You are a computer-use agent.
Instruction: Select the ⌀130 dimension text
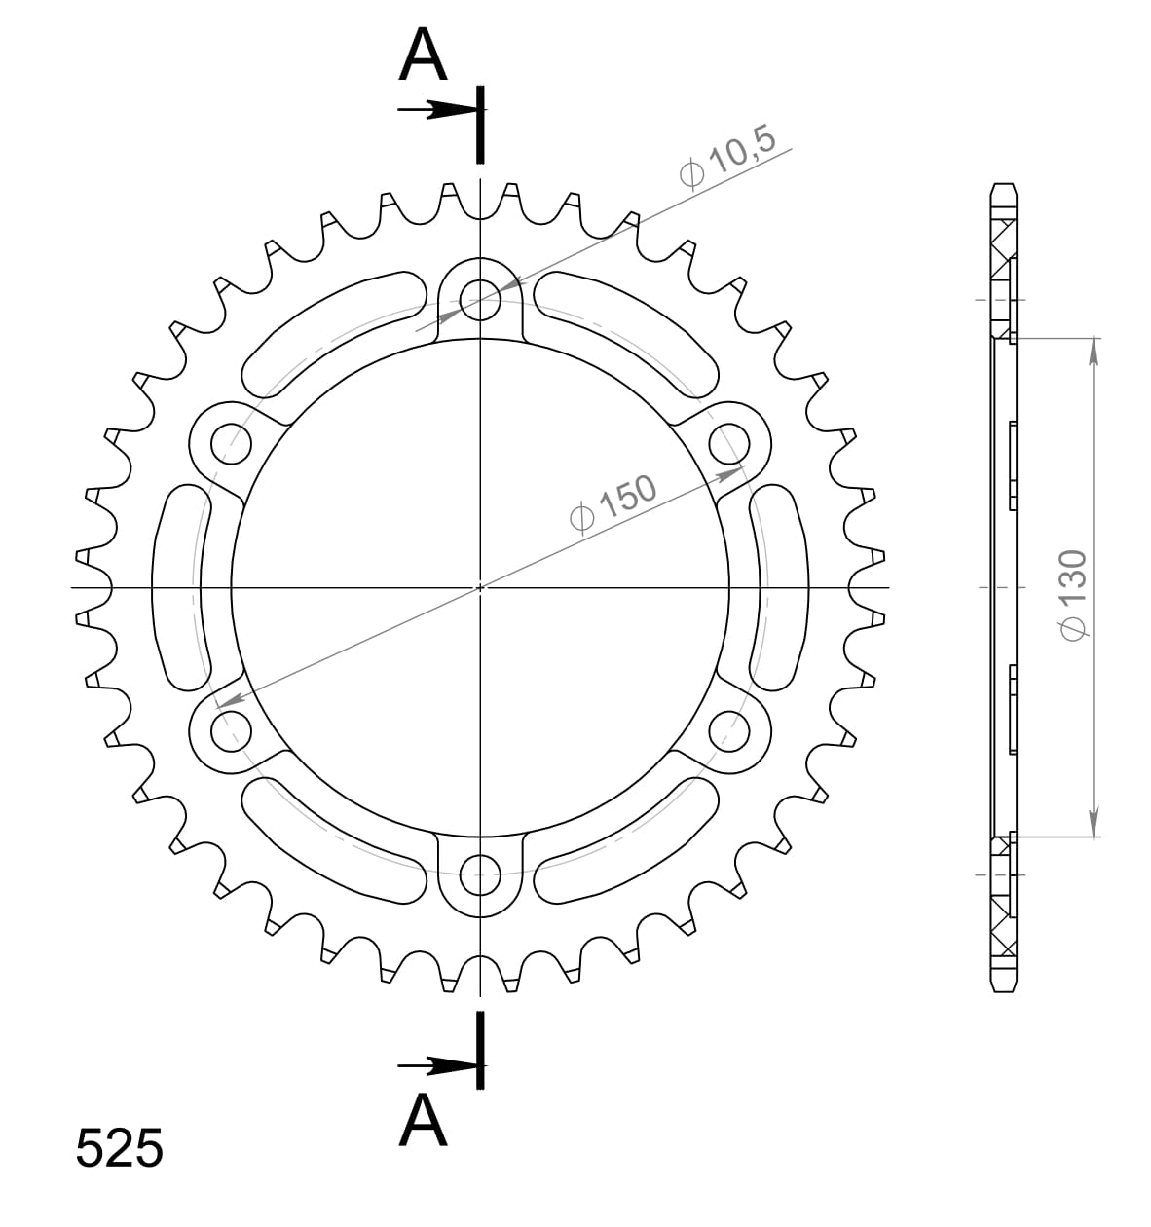[x=1071, y=595]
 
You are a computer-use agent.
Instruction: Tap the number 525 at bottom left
[x=119, y=1149]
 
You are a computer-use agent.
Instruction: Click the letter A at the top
[x=423, y=56]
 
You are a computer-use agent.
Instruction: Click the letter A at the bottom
[x=423, y=1121]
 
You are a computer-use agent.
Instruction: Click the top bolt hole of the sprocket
[x=478, y=294]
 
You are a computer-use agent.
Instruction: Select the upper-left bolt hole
[x=230, y=443]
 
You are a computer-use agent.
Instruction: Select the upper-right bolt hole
[x=727, y=443]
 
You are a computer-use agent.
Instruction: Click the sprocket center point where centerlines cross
[x=479, y=587]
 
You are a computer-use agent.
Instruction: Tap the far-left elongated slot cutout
[x=177, y=587]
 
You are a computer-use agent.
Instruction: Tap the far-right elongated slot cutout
[x=781, y=587]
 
